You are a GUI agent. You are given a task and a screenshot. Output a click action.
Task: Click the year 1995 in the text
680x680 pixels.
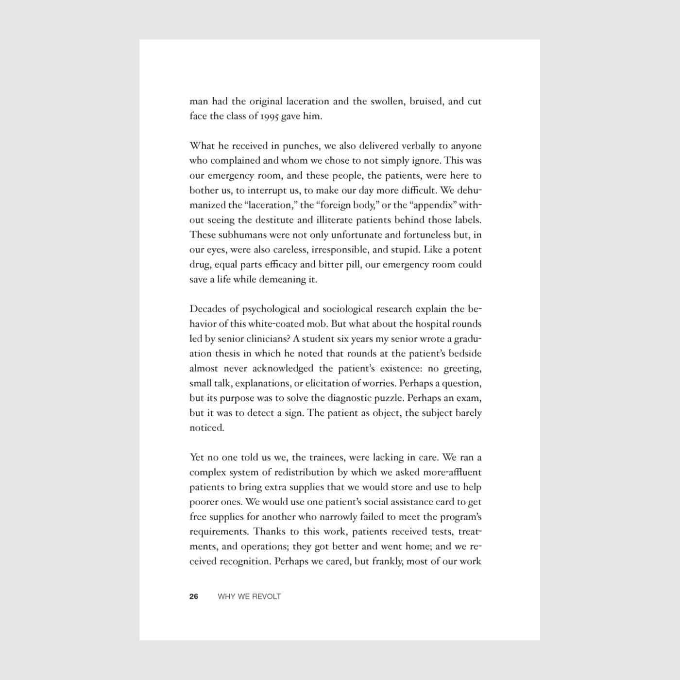pos(269,117)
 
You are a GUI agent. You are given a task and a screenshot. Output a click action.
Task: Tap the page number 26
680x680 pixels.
pos(194,596)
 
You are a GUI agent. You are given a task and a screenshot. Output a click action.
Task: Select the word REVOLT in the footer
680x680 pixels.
pos(266,596)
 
